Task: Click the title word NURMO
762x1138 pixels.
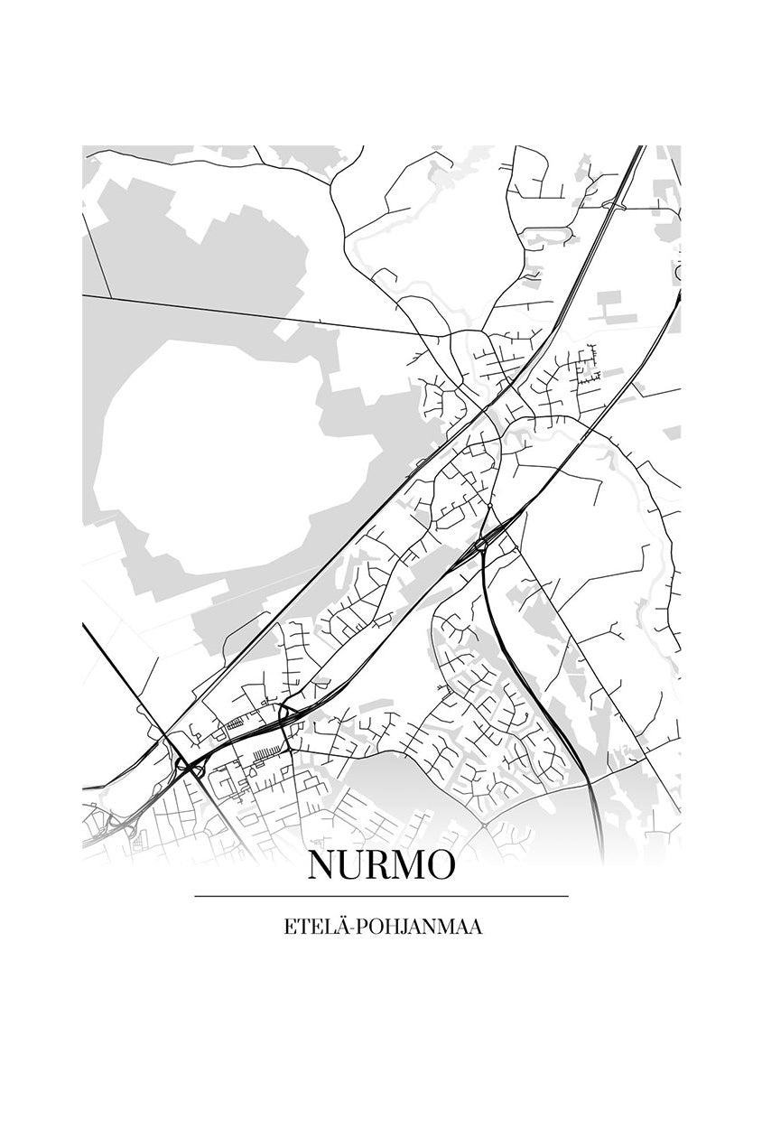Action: pos(381,865)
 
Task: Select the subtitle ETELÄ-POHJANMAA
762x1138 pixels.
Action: pos(381,928)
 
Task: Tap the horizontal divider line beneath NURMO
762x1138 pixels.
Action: pos(381,896)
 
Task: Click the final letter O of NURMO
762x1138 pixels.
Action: pos(441,865)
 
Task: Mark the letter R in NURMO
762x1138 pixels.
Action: pos(376,865)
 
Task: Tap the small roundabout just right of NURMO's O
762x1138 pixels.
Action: pos(484,824)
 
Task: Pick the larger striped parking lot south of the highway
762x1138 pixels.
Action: pos(265,754)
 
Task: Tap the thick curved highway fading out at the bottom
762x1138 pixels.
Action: pos(596,813)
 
